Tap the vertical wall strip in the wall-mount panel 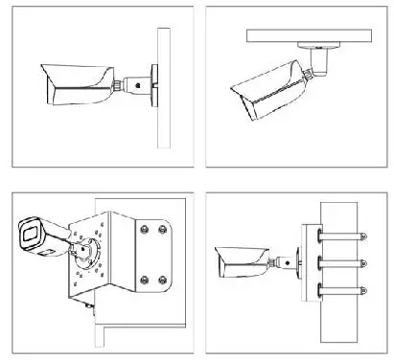click(x=164, y=86)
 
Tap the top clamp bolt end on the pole click(x=361, y=234)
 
